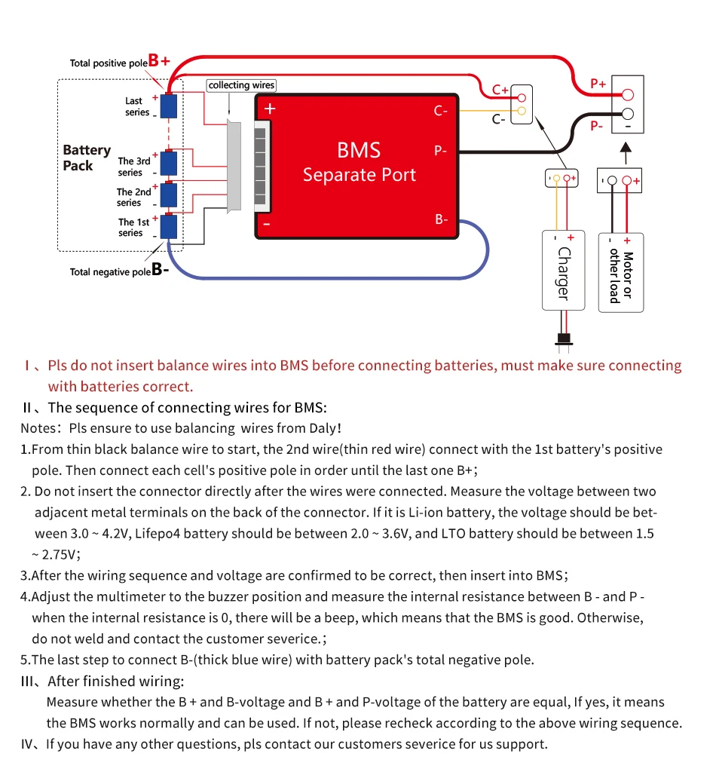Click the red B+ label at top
(159, 60)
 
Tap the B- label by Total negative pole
(160, 269)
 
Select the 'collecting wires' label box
(242, 85)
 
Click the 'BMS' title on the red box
(359, 149)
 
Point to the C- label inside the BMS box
(441, 111)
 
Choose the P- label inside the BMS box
(441, 151)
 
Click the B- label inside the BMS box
(442, 219)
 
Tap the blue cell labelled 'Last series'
(169, 106)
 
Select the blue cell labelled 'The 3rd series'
(169, 164)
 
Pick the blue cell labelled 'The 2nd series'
(169, 195)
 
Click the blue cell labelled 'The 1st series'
(169, 226)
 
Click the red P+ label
(598, 84)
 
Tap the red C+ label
(500, 90)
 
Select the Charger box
(563, 270)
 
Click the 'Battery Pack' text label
(87, 158)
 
